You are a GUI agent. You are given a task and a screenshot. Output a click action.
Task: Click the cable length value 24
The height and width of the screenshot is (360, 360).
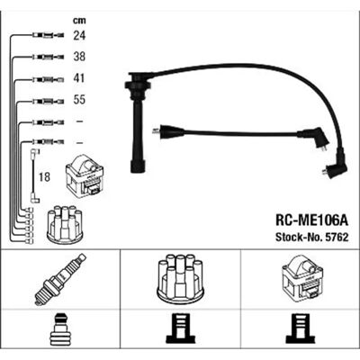pos(79,36)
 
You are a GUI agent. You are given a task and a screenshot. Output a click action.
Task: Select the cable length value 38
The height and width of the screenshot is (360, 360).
pos(79,57)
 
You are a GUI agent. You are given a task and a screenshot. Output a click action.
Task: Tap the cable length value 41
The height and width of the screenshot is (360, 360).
pos(79,78)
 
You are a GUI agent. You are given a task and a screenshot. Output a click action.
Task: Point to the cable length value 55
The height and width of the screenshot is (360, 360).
pos(79,100)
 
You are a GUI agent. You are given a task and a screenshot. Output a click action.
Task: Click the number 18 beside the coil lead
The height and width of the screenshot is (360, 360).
pos(44,177)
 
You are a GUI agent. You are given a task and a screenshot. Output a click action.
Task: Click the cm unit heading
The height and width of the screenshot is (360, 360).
pos(79,21)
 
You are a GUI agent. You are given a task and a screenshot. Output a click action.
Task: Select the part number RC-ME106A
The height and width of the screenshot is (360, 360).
pos(311,221)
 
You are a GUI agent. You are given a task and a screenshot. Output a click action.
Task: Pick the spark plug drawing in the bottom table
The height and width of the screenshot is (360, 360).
pos(60,279)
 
